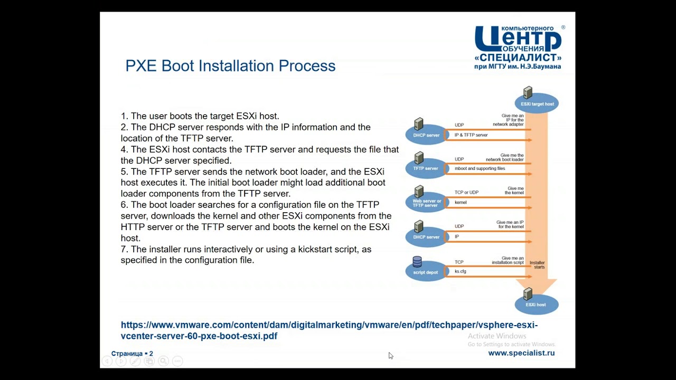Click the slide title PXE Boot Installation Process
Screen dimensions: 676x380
pos(230,66)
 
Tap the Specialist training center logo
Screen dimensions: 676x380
pos(518,47)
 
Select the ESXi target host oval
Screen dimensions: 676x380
pos(537,104)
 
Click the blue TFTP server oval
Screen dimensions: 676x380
pos(425,168)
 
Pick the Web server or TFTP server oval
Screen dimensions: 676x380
pos(426,203)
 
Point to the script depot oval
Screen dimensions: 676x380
pos(426,271)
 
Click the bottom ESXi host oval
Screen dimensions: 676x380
pos(536,305)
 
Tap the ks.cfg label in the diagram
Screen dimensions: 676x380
pos(461,271)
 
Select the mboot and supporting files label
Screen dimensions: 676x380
pos(480,168)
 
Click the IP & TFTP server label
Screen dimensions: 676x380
pos(471,135)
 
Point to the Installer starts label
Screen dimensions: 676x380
pos(537,265)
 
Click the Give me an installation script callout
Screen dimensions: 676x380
pos(508,260)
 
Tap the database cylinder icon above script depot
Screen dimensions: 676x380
pos(417,262)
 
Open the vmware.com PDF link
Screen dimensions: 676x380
pos(329,330)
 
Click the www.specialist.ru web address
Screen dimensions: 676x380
pos(521,353)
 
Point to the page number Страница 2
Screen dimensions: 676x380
pos(132,354)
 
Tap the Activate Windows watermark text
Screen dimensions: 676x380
pos(497,336)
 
